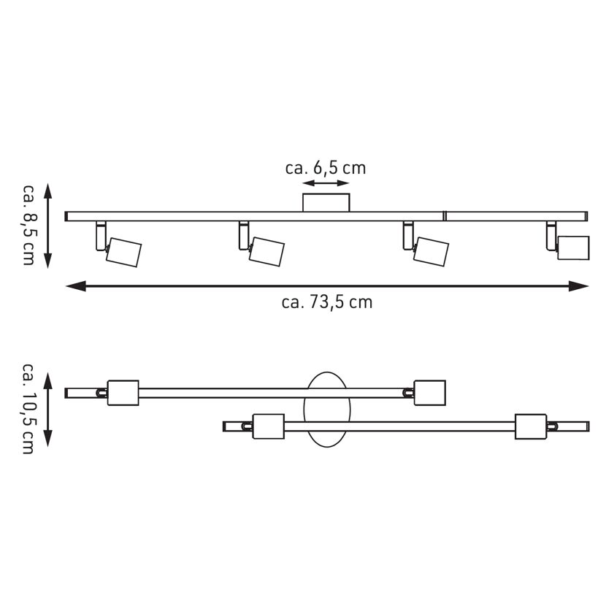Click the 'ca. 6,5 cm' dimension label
(326, 168)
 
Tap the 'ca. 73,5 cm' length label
(327, 302)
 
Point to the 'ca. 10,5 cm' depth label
(28, 408)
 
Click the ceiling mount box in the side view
(326, 202)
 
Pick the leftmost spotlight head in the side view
(123, 252)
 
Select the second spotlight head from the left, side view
(266, 251)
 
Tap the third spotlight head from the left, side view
(431, 252)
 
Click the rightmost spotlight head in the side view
(573, 248)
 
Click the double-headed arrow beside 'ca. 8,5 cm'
(48, 226)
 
